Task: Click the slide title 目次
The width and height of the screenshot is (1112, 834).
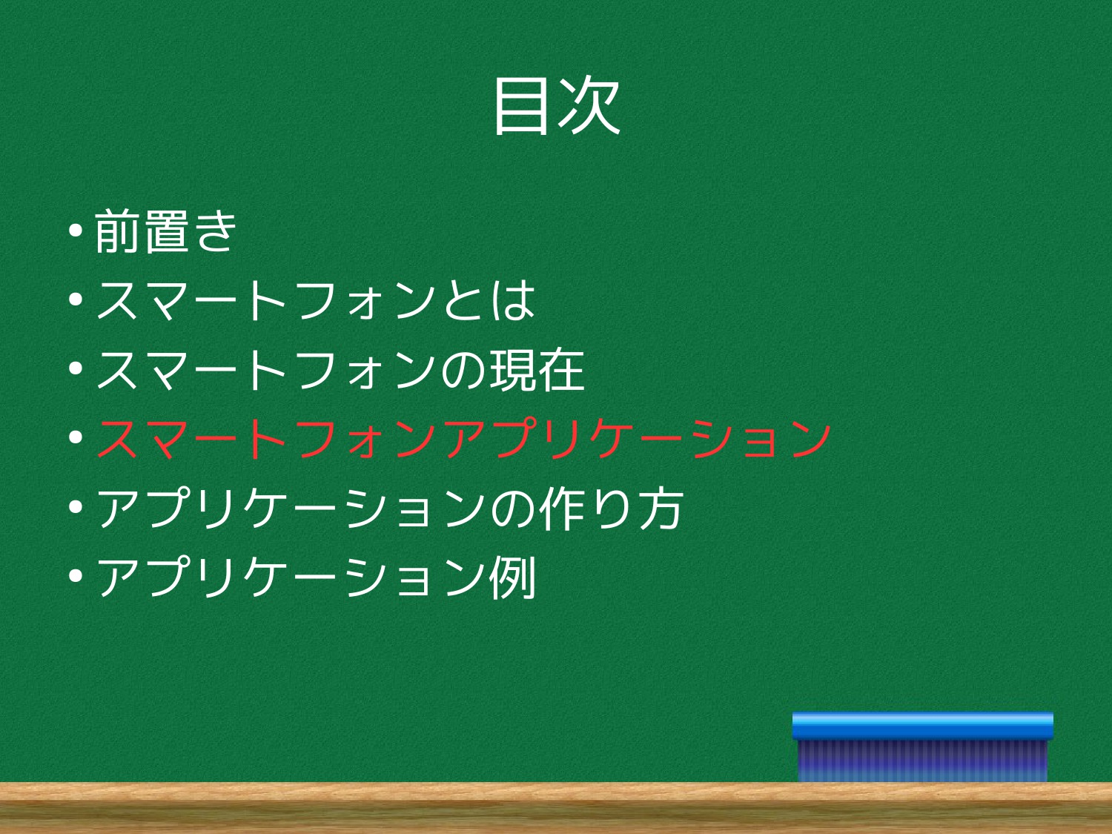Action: [x=557, y=106]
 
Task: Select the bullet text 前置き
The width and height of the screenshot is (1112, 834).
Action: [x=165, y=231]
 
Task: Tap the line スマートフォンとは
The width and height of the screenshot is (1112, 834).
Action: [x=315, y=301]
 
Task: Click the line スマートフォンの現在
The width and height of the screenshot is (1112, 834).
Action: [x=340, y=370]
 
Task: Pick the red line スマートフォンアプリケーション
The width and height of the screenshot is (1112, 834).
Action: [x=463, y=439]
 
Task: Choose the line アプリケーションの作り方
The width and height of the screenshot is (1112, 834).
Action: [x=390, y=508]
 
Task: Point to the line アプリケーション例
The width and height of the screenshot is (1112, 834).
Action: [x=316, y=577]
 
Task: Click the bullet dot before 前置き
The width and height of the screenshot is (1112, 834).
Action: [x=76, y=231]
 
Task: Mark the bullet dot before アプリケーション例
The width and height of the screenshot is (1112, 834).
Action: [x=76, y=576]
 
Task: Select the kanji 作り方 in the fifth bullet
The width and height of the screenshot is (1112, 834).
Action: [x=612, y=508]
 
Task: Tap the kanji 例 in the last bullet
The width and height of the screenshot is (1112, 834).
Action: [x=512, y=577]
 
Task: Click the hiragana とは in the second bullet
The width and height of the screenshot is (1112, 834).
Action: [x=489, y=301]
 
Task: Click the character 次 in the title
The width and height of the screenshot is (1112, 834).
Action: [x=589, y=106]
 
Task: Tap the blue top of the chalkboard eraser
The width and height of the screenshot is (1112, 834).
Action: [x=922, y=727]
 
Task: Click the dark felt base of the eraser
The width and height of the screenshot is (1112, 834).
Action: [x=922, y=761]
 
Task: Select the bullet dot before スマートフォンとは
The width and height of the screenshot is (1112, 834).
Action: [x=76, y=299]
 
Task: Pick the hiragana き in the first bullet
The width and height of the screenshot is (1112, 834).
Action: [x=216, y=231]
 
